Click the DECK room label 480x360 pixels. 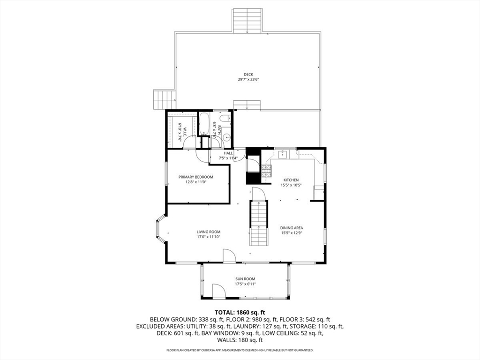coord(248,75)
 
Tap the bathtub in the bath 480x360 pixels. coord(204,124)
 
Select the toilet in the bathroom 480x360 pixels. coord(226,118)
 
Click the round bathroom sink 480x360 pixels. coord(227,138)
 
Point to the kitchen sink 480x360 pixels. coord(282,155)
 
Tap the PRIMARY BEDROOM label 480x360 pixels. coord(196,177)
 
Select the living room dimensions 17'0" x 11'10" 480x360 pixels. coord(209,237)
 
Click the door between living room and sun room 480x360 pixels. coord(229,255)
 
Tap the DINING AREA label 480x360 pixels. coord(292,228)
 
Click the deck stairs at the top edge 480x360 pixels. coord(247,21)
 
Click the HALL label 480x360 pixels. coord(228,153)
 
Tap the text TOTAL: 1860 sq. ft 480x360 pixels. coord(240,313)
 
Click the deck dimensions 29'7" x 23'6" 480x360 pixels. coord(248,80)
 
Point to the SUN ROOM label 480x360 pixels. coord(245,279)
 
